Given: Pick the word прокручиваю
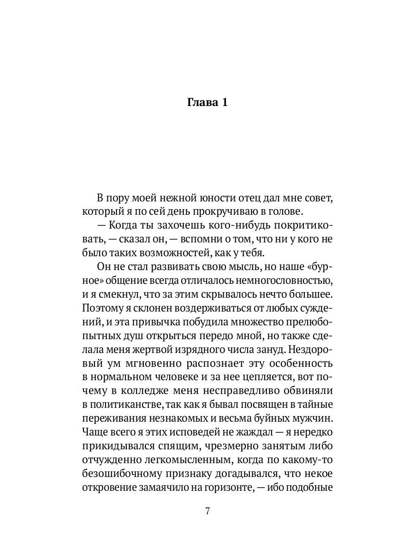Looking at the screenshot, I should [x=211, y=212].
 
